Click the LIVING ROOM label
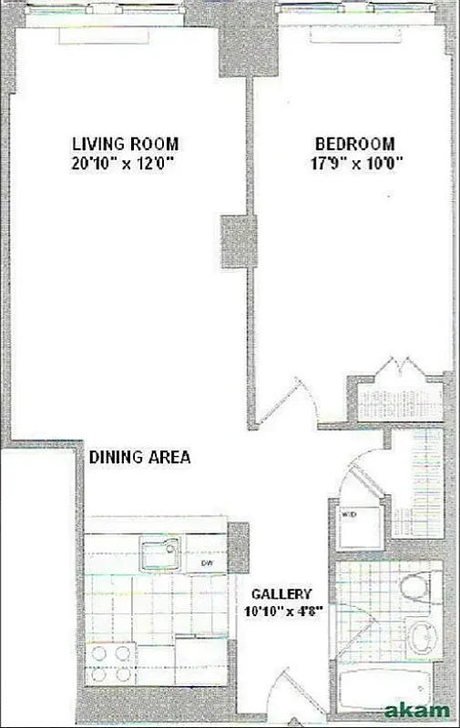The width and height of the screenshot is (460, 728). tap(125, 144)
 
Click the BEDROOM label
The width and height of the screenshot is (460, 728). tap(354, 144)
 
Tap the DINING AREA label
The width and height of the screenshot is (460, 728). tap(139, 458)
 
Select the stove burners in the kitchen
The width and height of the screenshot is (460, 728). tap(111, 666)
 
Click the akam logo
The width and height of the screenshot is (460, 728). tap(418, 709)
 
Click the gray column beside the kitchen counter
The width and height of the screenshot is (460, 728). tap(237, 546)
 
